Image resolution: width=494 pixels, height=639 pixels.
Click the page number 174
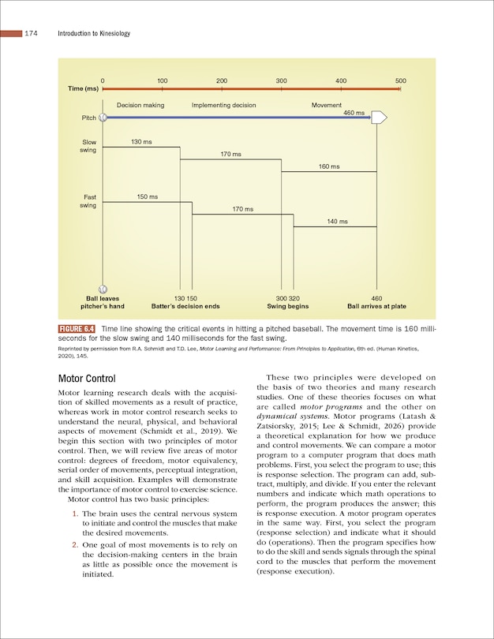[32, 34]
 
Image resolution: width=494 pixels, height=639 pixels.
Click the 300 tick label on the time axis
[281, 81]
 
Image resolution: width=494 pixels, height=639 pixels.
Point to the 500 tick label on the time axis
[400, 81]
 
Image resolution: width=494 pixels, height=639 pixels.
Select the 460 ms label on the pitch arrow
[354, 113]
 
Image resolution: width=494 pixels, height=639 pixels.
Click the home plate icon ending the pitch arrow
[378, 118]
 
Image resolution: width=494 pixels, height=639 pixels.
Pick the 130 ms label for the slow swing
[141, 142]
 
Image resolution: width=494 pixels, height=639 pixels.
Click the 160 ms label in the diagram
[329, 166]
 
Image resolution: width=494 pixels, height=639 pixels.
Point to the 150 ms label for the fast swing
[148, 196]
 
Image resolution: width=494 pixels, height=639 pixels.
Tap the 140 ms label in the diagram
[337, 222]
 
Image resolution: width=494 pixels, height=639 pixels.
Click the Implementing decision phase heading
[223, 105]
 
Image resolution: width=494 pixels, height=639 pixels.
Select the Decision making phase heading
[140, 105]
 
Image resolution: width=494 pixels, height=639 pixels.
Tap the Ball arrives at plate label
[376, 306]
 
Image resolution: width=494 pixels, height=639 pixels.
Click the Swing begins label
[287, 306]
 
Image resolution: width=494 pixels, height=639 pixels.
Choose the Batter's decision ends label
[185, 306]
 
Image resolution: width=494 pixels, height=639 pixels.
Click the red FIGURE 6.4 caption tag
[77, 328]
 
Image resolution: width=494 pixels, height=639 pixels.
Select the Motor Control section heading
[87, 379]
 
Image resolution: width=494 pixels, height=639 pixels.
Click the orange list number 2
[74, 544]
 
